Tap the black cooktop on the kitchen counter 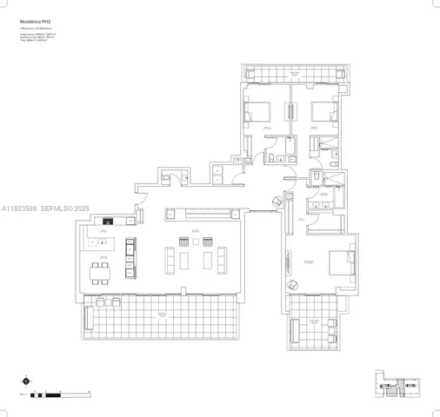[x=107, y=219]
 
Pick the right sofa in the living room [x=221, y=258]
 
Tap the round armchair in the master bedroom [x=291, y=284]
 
